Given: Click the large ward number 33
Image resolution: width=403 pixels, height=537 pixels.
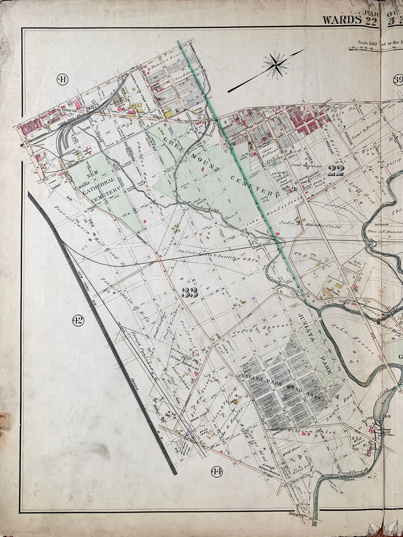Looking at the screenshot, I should (x=190, y=293).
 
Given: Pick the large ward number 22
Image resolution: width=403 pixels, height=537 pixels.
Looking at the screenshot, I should (x=336, y=171).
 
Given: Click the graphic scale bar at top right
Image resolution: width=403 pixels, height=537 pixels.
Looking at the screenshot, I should (x=365, y=49).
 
